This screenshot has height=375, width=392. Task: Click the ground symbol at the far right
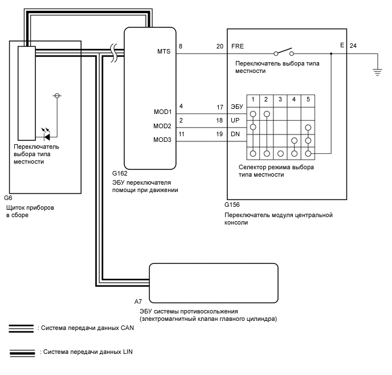(378, 72)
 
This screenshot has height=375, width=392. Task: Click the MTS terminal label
(164, 51)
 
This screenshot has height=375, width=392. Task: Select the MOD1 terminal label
(163, 112)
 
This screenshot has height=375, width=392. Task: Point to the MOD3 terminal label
(162, 140)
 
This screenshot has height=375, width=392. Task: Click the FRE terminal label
(238, 46)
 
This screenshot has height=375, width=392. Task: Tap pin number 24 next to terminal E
(353, 46)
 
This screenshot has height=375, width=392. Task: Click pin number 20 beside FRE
(220, 46)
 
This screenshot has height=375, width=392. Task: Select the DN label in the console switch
(235, 134)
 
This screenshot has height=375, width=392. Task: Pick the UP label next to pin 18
(235, 120)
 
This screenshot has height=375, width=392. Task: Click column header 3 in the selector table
(280, 99)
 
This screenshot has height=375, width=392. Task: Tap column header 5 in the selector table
(308, 99)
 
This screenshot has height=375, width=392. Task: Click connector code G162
(120, 173)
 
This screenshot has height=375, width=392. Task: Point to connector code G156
(232, 205)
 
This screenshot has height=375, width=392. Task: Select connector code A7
(138, 301)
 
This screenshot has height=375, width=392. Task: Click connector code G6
(8, 198)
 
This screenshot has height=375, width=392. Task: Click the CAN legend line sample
(21, 328)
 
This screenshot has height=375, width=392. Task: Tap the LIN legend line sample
(22, 353)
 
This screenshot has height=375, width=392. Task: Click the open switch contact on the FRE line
(284, 52)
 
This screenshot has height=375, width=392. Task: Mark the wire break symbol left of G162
(113, 53)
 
